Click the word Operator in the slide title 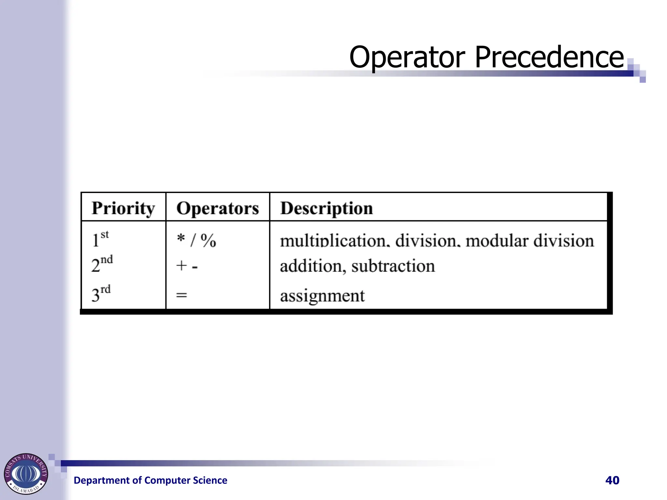coord(407,57)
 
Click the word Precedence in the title coord(549,57)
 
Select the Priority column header coord(123,208)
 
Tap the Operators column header coord(218,208)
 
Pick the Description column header coord(326,208)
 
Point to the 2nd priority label coord(102,264)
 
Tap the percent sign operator coord(208,241)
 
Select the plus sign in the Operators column coord(181,266)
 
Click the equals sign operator coord(181,295)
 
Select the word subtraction coord(393,266)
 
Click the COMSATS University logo coord(26,474)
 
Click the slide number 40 coord(612,480)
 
